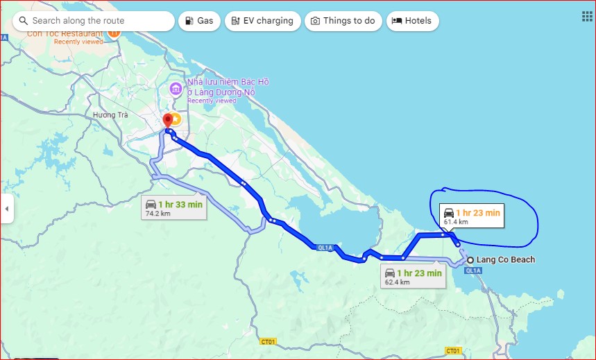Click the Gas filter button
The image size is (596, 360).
click(199, 21)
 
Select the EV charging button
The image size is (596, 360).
click(263, 21)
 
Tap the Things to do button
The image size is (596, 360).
click(343, 21)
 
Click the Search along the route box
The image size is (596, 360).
click(94, 21)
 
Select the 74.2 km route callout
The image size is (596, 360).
click(173, 208)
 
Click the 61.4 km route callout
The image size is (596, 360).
click(471, 216)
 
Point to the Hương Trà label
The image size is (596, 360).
click(111, 115)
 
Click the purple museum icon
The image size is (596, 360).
click(176, 89)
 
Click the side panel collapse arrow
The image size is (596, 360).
click(7, 208)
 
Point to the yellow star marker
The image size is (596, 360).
click(176, 119)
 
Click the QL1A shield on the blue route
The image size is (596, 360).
click(323, 248)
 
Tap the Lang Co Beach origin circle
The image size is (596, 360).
click(470, 260)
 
